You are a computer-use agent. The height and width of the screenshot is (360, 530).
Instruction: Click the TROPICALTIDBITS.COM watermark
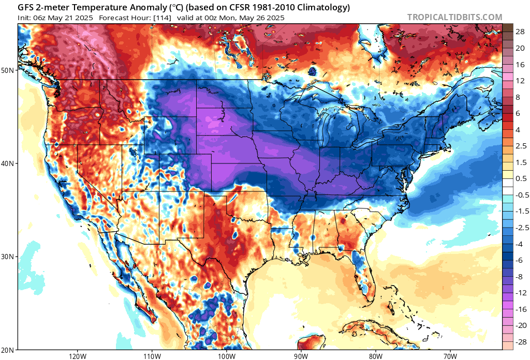coord(454,17)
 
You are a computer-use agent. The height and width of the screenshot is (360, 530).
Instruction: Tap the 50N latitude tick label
coord(8,70)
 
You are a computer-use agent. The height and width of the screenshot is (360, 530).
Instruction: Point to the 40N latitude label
coord(8,163)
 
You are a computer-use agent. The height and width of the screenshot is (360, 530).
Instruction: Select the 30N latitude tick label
coord(8,257)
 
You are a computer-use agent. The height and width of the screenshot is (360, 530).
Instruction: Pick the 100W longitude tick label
coord(226,356)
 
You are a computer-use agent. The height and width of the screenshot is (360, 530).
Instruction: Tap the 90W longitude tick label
coord(301,356)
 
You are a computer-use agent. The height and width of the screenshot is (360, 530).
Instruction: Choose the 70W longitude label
coord(450,356)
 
